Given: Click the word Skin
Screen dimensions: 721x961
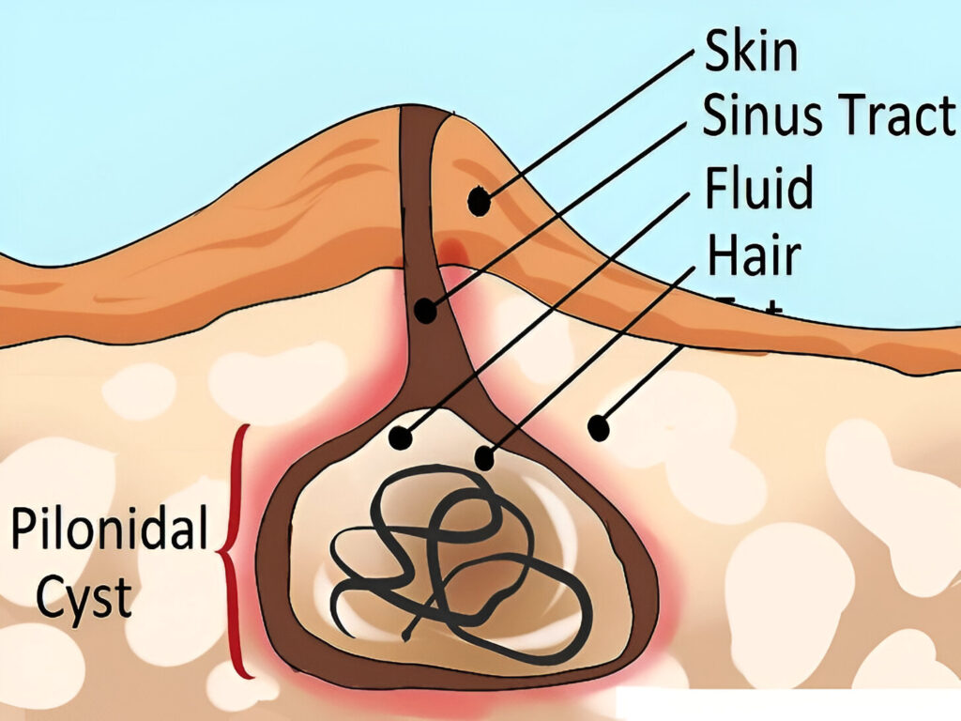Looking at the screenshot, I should click(x=751, y=54).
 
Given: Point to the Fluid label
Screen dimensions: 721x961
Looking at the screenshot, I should click(x=758, y=188).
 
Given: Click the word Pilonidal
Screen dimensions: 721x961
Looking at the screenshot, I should click(x=109, y=530).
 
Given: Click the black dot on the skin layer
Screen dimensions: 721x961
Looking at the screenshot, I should click(x=480, y=200).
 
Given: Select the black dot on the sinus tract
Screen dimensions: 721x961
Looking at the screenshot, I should click(x=427, y=309).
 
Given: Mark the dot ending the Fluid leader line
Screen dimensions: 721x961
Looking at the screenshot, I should click(x=402, y=437).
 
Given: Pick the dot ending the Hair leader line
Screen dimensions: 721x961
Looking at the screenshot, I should click(x=484, y=458).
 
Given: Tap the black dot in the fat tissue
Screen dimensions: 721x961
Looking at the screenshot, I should click(x=597, y=429).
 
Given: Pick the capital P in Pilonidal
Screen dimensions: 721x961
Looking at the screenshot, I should click(x=23, y=530).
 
